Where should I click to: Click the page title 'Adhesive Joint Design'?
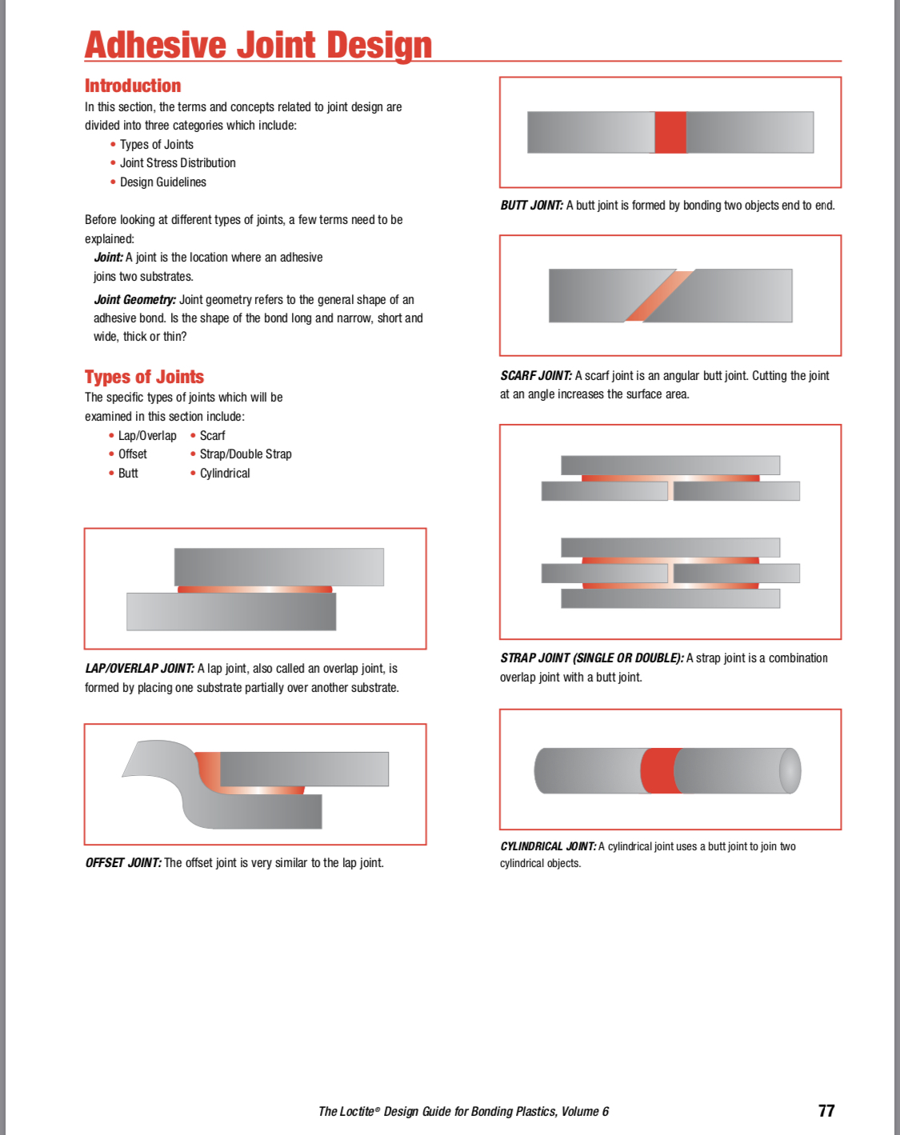coord(258,45)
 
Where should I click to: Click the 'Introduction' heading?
coord(133,86)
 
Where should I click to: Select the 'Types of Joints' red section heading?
coord(144,377)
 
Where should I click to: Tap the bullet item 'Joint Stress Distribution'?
coord(178,163)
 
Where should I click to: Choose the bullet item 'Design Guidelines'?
coord(162,182)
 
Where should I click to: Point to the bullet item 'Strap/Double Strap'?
coord(245,454)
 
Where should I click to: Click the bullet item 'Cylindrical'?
coord(224,474)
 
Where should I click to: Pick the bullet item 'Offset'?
coord(132,454)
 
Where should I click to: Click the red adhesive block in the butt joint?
coord(670,132)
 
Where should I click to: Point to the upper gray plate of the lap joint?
coord(278,566)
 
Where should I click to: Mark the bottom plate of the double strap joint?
coord(670,598)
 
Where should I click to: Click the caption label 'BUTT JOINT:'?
coord(532,206)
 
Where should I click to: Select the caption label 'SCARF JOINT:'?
coord(536,376)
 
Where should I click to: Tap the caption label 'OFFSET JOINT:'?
coord(123,863)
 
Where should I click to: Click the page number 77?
coord(826,1111)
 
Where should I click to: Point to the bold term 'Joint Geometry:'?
coord(134,300)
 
